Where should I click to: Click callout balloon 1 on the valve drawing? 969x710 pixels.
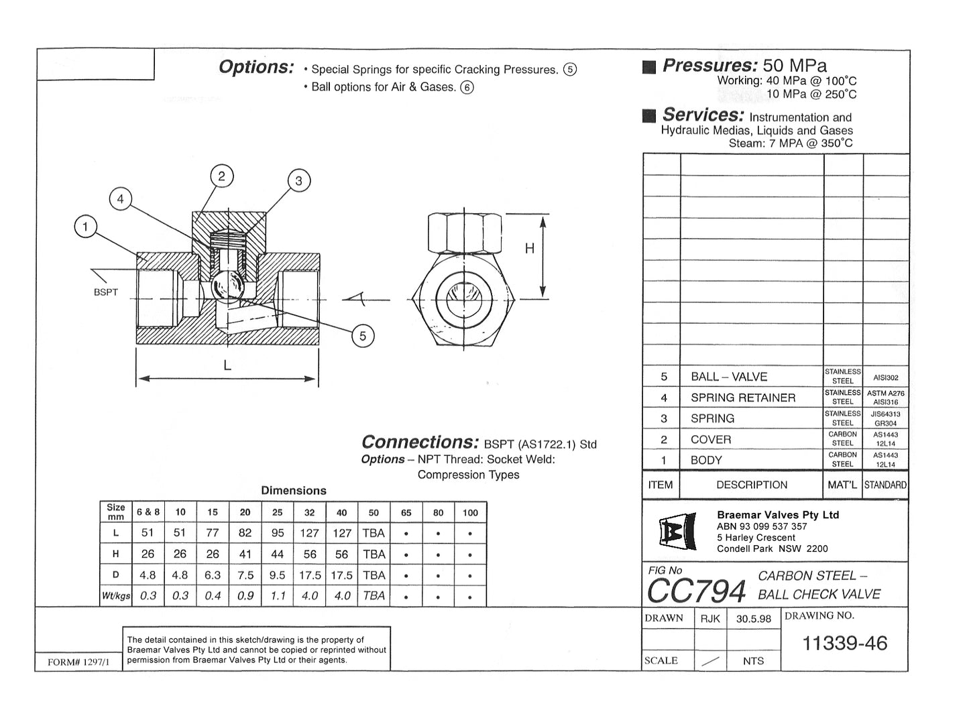(85, 227)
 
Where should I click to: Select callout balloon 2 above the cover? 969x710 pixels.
(221, 176)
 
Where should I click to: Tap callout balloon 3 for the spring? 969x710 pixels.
(298, 180)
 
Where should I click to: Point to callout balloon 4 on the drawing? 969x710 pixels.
(121, 199)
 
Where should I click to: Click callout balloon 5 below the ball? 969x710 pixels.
(363, 336)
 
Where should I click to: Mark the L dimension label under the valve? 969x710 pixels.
(227, 365)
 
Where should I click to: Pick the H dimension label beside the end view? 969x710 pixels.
(529, 249)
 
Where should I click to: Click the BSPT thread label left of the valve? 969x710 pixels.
(106, 292)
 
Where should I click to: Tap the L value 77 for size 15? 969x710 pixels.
(213, 533)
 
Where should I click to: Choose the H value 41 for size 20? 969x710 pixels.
(245, 554)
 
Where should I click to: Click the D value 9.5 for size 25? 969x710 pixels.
(277, 575)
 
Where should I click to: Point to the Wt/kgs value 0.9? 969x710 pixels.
(245, 595)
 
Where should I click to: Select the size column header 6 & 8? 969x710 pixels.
(148, 512)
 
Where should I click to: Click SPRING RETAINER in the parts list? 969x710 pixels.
(742, 398)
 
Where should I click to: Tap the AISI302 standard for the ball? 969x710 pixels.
(886, 377)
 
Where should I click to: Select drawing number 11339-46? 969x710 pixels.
(844, 644)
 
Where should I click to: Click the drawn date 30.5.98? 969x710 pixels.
(753, 619)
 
